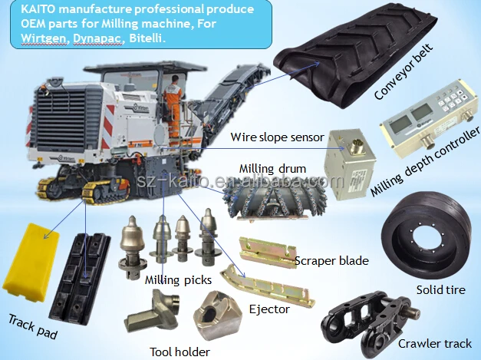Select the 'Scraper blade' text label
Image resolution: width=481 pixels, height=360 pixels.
tap(331, 261)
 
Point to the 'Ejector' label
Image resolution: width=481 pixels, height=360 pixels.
tap(269, 309)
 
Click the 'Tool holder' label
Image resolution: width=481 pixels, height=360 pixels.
tap(181, 352)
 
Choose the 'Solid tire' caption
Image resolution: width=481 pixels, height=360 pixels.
tap(442, 290)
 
